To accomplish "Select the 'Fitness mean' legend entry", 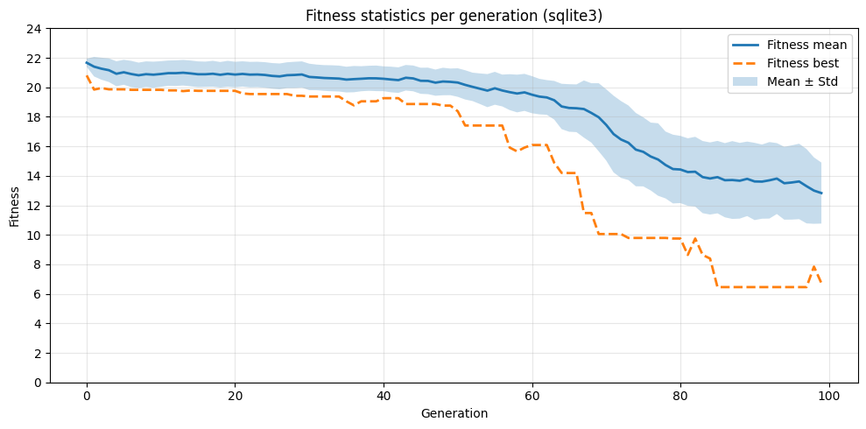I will point(806,45).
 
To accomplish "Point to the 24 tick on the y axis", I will point(34,29).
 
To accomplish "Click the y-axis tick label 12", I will point(34,206).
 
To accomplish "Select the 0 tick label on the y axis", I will point(38,383).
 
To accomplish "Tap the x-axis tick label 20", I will point(235,396).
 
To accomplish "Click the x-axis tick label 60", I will point(532,396).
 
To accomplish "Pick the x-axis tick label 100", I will point(829,396).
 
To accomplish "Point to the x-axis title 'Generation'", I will point(454,413).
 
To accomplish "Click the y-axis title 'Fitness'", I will point(15,206).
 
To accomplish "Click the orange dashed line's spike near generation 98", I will point(814,266).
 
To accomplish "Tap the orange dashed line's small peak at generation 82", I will point(695,238).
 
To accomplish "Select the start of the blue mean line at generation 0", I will point(87,62).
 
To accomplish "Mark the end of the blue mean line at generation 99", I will point(821,193).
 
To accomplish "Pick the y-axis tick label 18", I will point(34,117).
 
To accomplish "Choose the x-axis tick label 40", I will point(384,396).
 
